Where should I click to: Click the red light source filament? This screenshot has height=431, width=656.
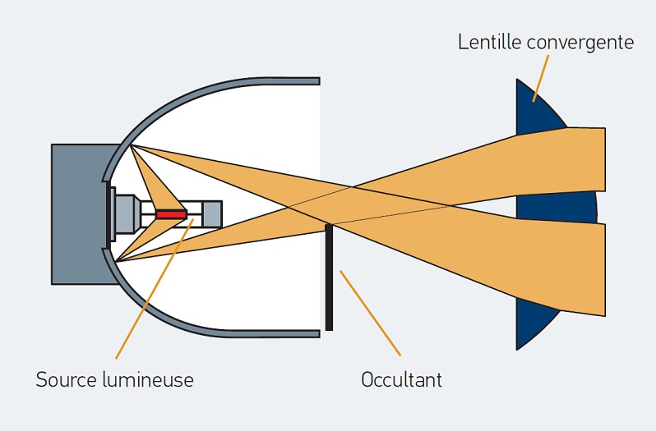point(172,214)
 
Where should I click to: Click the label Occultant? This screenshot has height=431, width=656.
point(402,380)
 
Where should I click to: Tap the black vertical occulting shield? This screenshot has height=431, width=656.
point(329,279)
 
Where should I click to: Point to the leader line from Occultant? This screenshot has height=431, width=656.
point(370,312)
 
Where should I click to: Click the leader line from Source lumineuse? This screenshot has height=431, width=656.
point(148,296)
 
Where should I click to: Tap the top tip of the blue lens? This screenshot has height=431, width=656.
point(518,82)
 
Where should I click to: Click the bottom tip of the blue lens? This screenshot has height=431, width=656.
point(518,346)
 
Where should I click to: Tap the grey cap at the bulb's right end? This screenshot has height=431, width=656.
point(211,214)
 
